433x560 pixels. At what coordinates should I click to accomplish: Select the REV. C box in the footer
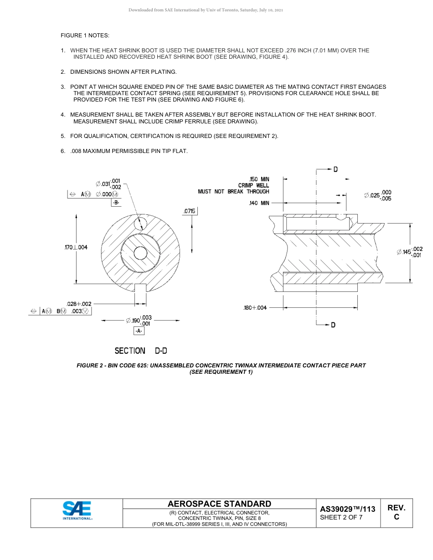(396, 513)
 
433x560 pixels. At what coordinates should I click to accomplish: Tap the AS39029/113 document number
(348, 509)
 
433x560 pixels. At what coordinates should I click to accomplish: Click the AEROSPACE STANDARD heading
(219, 504)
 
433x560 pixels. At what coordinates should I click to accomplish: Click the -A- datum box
(139, 331)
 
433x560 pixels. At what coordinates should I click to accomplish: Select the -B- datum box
(116, 203)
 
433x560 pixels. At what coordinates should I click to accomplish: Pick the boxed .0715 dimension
(190, 211)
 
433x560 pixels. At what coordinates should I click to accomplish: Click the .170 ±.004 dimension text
(76, 247)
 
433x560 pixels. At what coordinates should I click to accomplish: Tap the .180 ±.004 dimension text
(255, 308)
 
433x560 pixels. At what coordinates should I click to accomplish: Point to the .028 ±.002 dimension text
(79, 304)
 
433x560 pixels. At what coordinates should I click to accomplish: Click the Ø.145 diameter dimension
(410, 252)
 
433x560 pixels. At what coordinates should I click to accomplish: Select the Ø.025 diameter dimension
(377, 195)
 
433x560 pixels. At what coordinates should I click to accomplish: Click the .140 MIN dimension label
(259, 203)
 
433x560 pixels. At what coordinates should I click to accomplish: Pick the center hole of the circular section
(140, 253)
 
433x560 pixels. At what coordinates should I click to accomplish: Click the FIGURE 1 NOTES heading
(85, 36)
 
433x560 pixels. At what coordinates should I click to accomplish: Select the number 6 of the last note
(62, 151)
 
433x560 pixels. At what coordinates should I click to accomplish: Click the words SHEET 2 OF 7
(341, 517)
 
